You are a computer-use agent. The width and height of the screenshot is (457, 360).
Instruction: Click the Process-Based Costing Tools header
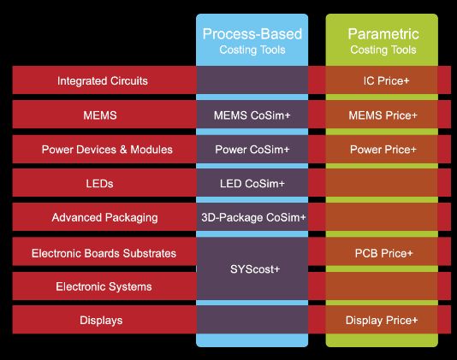coord(252,41)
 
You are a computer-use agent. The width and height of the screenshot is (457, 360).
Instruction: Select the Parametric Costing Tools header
coord(383,41)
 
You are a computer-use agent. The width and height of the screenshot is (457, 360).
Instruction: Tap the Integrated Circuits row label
coord(103,81)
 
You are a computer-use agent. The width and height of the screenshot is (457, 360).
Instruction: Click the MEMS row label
coord(100,115)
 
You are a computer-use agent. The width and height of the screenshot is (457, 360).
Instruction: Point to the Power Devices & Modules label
coord(107,150)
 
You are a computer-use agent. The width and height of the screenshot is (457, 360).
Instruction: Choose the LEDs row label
coord(99,184)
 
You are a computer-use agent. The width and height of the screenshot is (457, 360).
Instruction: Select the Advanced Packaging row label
coord(104,218)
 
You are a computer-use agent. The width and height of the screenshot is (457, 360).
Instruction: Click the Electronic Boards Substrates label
coord(104,253)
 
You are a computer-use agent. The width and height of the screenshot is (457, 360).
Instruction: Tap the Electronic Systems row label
coord(104,287)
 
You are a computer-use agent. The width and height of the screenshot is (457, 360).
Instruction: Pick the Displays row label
coord(101,321)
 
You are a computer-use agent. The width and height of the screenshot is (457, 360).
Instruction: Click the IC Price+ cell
coord(386,81)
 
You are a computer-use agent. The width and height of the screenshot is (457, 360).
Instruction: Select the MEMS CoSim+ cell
coord(252,115)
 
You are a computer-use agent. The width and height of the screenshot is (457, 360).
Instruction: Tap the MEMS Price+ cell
coord(383,115)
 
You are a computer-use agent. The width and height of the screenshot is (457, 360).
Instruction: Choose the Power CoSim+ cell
coord(252,150)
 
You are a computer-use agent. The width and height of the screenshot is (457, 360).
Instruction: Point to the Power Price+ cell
coord(383,150)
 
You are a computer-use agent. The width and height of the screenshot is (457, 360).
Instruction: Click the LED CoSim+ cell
coord(252,184)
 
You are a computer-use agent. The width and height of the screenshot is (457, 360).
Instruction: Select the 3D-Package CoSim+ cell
coord(253,217)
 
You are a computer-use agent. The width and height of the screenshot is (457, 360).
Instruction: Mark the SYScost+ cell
coord(255,269)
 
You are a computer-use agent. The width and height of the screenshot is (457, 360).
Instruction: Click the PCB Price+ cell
coord(384,253)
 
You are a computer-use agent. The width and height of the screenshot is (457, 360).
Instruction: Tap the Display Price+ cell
coord(382,321)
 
